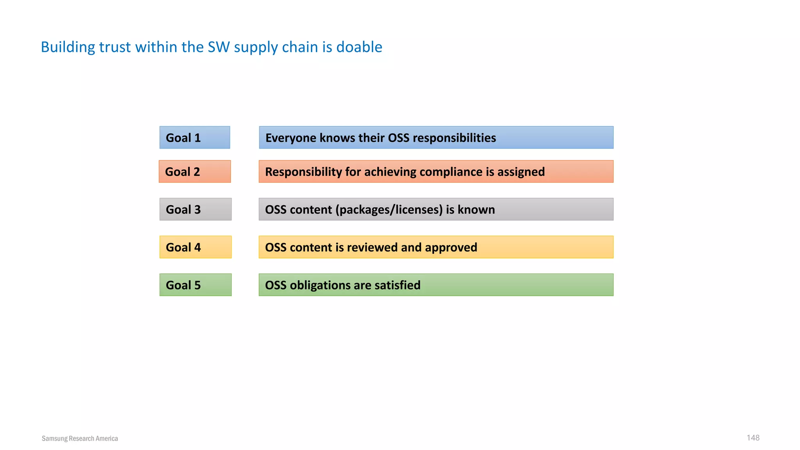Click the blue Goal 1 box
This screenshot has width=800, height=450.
[195, 137]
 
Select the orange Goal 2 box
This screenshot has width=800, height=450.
[195, 171]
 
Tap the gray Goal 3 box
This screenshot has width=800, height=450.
[195, 209]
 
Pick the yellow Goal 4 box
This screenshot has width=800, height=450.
[195, 247]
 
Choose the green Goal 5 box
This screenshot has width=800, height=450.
[195, 285]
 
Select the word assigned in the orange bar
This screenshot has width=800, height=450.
[521, 172]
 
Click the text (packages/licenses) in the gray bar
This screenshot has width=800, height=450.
[389, 210]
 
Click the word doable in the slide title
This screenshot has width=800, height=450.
[359, 47]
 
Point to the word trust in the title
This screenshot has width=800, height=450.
[114, 47]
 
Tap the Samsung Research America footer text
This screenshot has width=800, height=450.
[80, 438]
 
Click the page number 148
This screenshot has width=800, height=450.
[753, 437]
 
